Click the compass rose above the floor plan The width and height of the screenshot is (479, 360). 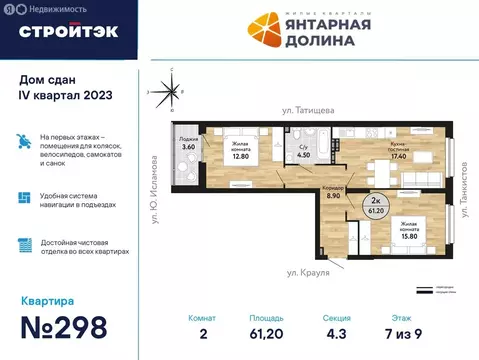(171, 91)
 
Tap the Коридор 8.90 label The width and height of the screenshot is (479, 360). (336, 194)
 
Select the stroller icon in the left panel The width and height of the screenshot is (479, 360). (24, 141)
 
